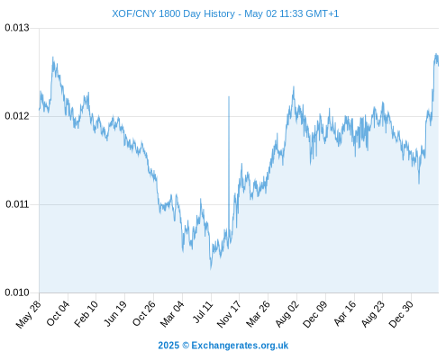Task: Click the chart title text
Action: coord(225,13)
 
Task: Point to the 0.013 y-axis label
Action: coord(17,28)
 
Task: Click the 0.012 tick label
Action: coord(17,116)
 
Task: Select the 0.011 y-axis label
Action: coord(17,204)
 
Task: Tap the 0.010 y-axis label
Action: coord(17,292)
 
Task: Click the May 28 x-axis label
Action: coord(28,314)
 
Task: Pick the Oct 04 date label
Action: coord(58,313)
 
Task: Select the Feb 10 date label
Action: coord(86,314)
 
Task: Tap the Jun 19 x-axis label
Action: coord(115,313)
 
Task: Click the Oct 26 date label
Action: coord(144,313)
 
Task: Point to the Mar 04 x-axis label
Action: coord(172,314)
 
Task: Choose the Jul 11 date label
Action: coord(203,311)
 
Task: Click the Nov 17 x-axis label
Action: coord(229,314)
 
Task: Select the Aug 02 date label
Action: coord(287,314)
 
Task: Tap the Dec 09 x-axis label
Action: coord(314,314)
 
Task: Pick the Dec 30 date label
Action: coord(401,314)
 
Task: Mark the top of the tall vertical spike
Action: coord(229,96)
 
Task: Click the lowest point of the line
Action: coord(211,268)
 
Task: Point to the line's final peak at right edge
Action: coord(436,54)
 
